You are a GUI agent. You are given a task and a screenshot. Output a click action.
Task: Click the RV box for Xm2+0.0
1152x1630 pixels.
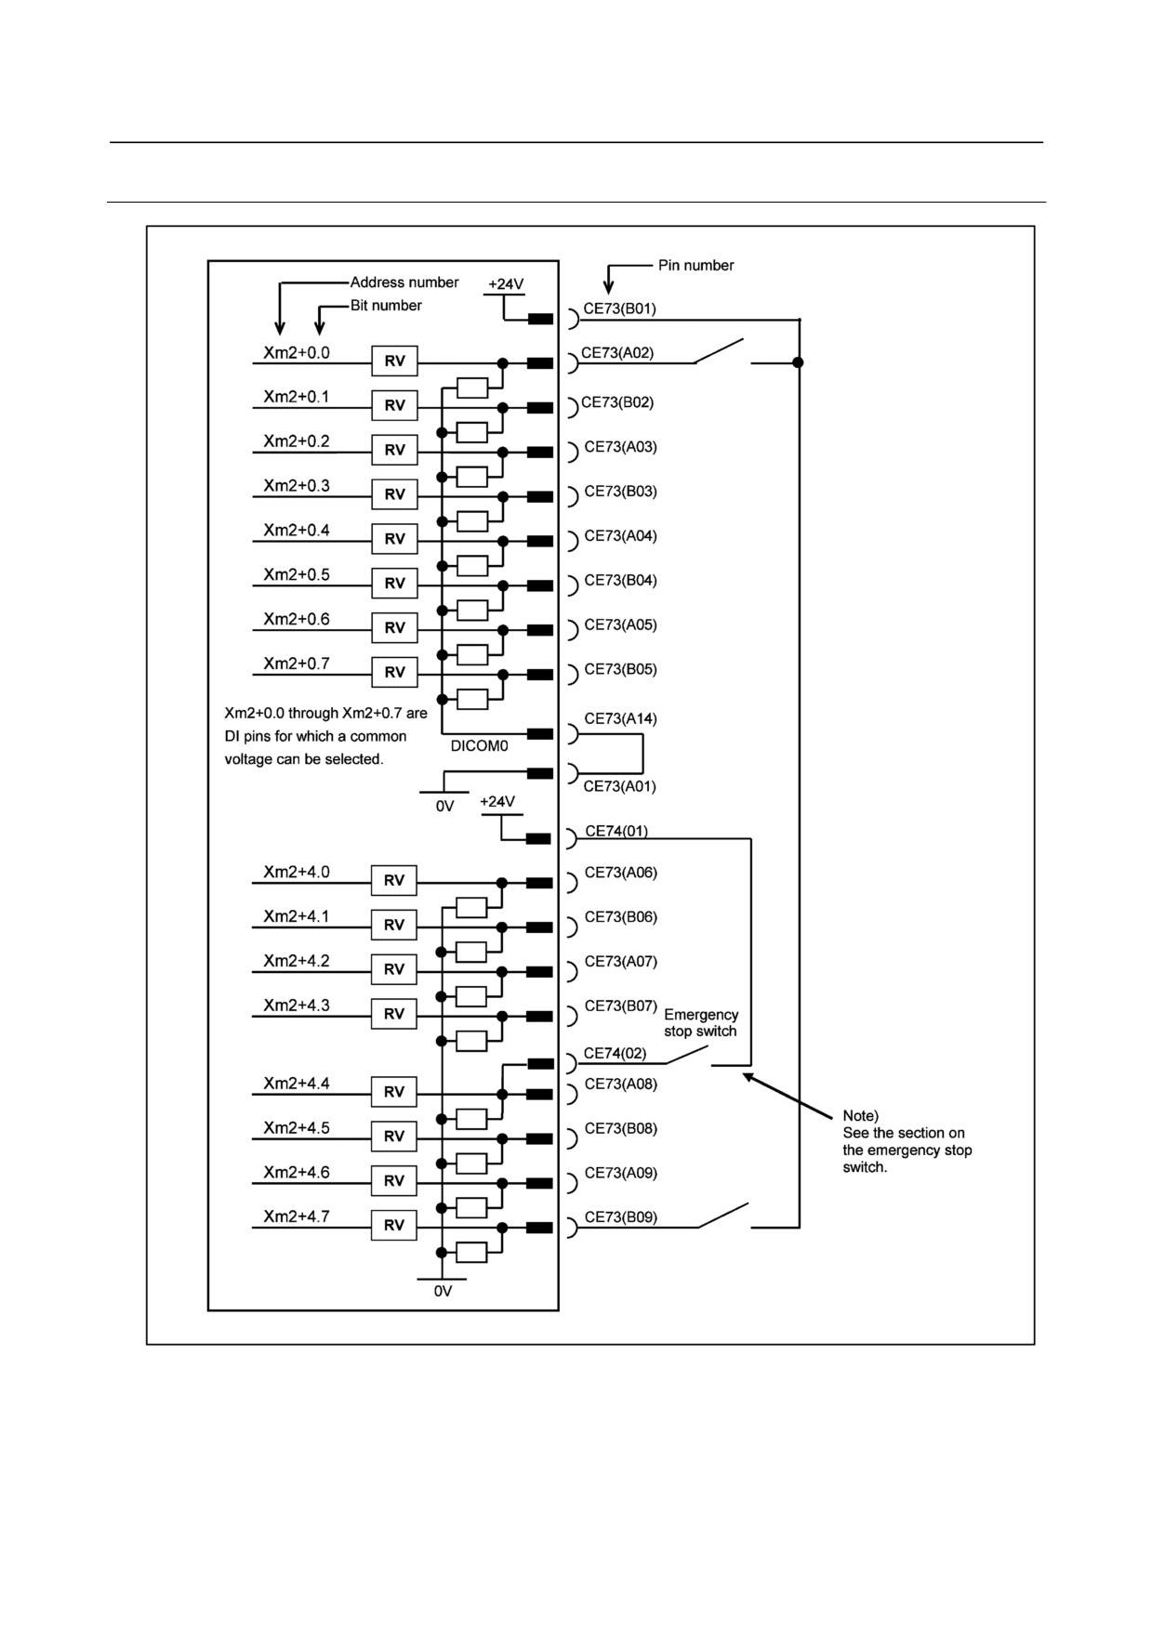click(394, 361)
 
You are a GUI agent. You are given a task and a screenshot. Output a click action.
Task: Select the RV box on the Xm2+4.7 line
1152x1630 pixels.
click(394, 1225)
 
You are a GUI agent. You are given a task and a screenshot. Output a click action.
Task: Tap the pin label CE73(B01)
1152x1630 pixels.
click(619, 309)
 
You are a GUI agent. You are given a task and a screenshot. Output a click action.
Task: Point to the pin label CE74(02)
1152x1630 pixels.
click(615, 1054)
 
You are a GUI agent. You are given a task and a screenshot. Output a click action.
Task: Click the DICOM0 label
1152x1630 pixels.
click(479, 746)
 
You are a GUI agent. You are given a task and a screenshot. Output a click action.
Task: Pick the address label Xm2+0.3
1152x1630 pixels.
click(297, 486)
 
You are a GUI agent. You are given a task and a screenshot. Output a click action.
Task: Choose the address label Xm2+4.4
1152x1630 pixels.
click(297, 1084)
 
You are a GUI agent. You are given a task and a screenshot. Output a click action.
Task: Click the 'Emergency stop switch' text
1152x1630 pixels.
click(701, 1023)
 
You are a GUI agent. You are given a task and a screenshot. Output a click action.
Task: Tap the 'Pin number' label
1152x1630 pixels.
click(696, 266)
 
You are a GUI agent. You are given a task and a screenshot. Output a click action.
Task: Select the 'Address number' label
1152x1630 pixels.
click(404, 283)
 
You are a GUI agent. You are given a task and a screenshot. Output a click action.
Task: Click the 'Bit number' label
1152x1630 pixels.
click(386, 306)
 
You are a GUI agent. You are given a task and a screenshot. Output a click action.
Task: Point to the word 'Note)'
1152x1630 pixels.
click(861, 1116)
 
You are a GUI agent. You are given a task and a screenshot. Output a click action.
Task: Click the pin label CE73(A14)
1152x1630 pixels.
click(620, 719)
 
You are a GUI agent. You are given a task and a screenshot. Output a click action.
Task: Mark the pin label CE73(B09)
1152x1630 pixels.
click(620, 1217)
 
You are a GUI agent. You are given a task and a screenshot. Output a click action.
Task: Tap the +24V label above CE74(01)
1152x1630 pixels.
click(497, 802)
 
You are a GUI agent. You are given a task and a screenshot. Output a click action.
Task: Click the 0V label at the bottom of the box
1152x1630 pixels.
click(443, 1292)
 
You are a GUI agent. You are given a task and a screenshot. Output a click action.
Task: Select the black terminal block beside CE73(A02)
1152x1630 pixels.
click(540, 363)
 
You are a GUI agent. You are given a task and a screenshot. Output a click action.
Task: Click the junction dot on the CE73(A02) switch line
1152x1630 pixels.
click(798, 362)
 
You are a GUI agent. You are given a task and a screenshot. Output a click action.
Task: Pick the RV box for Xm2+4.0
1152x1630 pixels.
click(394, 880)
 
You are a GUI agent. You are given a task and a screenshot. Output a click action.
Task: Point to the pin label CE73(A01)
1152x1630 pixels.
click(619, 787)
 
